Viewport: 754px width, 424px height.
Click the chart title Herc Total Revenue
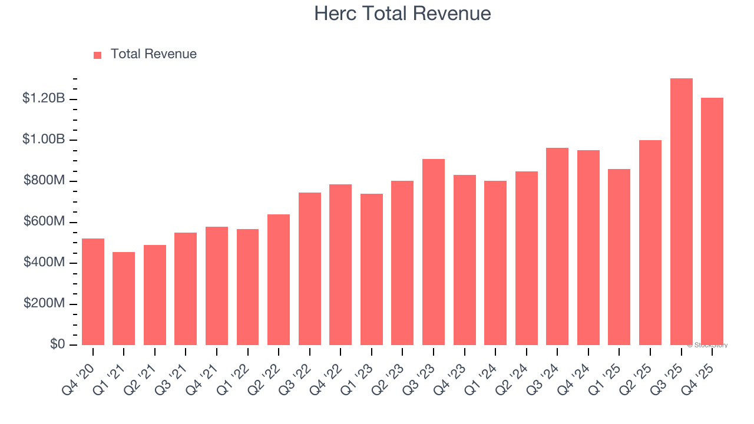tap(402, 14)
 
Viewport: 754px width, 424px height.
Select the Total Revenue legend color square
tap(98, 55)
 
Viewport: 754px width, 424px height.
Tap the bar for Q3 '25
tap(681, 212)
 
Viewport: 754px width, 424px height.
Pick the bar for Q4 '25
tap(712, 221)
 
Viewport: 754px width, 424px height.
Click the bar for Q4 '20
tap(93, 291)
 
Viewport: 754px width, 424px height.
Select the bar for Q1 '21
tap(124, 299)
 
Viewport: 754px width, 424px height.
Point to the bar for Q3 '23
tap(434, 252)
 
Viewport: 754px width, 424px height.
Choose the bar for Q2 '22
tap(279, 280)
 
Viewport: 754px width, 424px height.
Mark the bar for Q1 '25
tap(619, 257)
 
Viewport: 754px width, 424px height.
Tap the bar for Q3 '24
tap(557, 246)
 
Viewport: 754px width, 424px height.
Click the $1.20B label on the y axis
tap(44, 98)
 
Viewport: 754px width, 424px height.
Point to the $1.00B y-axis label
tap(44, 140)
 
